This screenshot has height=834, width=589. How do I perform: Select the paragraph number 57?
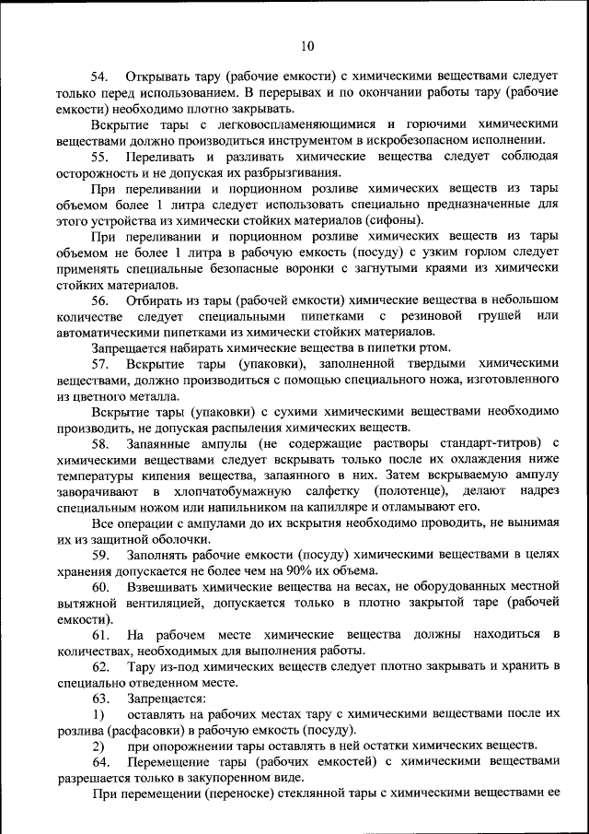99,365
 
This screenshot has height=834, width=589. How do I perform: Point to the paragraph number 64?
99,762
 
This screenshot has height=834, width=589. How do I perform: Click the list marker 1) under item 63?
98,714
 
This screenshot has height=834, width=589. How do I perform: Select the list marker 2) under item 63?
98,746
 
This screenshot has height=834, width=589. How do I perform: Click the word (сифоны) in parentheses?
396,220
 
